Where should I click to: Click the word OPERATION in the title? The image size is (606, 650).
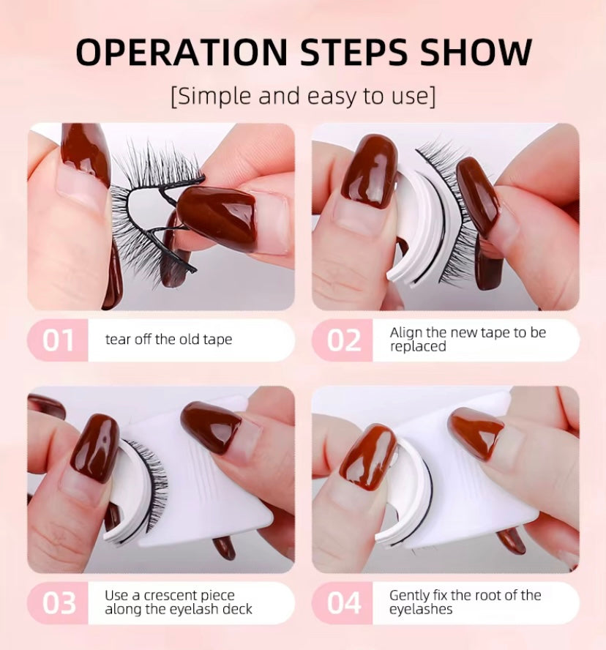(181, 52)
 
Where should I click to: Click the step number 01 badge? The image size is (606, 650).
(58, 341)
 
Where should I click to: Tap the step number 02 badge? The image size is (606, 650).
(343, 341)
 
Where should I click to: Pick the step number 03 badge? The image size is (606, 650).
(59, 603)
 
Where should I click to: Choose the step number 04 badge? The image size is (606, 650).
(344, 603)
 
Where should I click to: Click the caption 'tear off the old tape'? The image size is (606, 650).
(169, 340)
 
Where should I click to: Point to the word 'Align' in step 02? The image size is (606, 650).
(405, 333)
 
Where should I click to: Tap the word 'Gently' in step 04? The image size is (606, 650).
(408, 596)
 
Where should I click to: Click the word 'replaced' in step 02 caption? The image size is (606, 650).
(418, 346)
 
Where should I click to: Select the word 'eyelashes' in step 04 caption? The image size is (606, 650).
(421, 610)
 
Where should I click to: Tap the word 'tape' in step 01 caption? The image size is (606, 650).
(217, 340)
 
